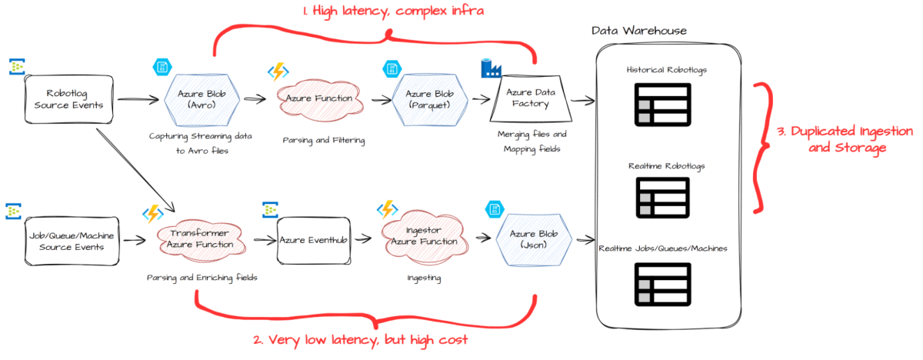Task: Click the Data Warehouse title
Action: (638, 30)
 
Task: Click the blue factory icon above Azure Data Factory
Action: (491, 68)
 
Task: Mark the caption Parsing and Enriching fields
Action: (202, 278)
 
